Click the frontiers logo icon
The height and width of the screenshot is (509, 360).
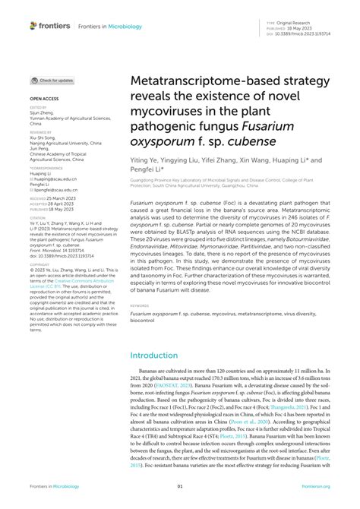point(33,25)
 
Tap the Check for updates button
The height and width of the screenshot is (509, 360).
point(52,80)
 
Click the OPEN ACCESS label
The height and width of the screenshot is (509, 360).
point(43,100)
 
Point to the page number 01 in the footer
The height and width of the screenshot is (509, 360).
point(180,486)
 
